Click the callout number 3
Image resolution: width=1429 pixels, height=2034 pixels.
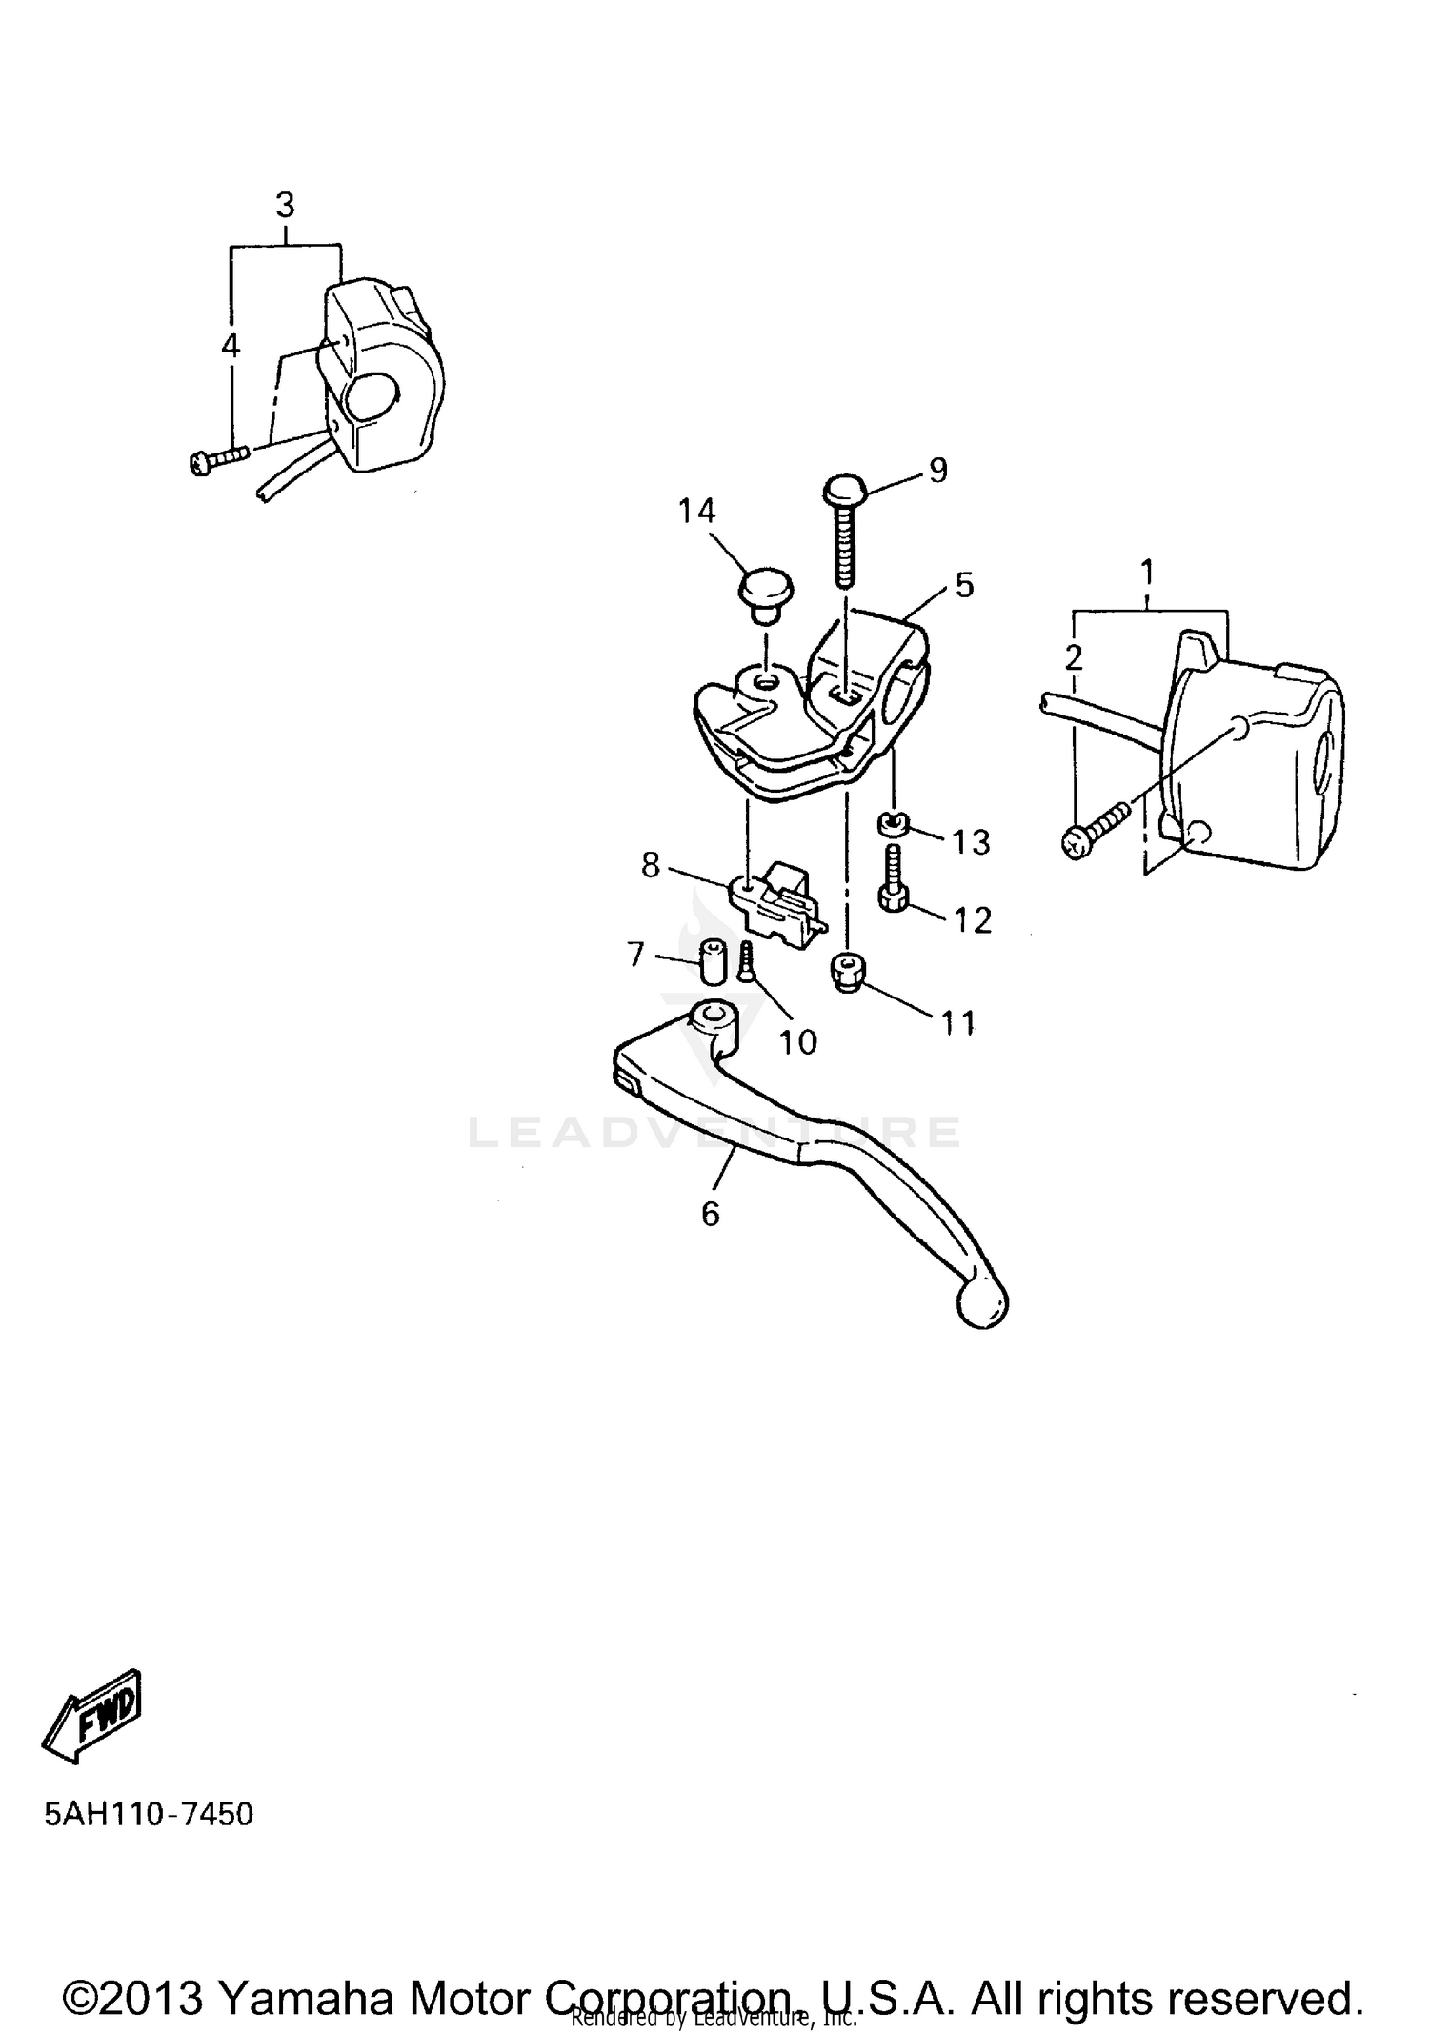click(x=285, y=205)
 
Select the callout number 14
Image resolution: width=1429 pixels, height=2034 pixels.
click(x=696, y=512)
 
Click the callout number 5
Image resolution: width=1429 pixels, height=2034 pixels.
click(x=964, y=585)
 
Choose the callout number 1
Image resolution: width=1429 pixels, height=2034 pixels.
click(x=1148, y=573)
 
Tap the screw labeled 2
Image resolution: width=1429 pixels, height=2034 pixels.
click(x=1096, y=830)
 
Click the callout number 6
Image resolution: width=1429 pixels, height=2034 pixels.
click(x=711, y=1214)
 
